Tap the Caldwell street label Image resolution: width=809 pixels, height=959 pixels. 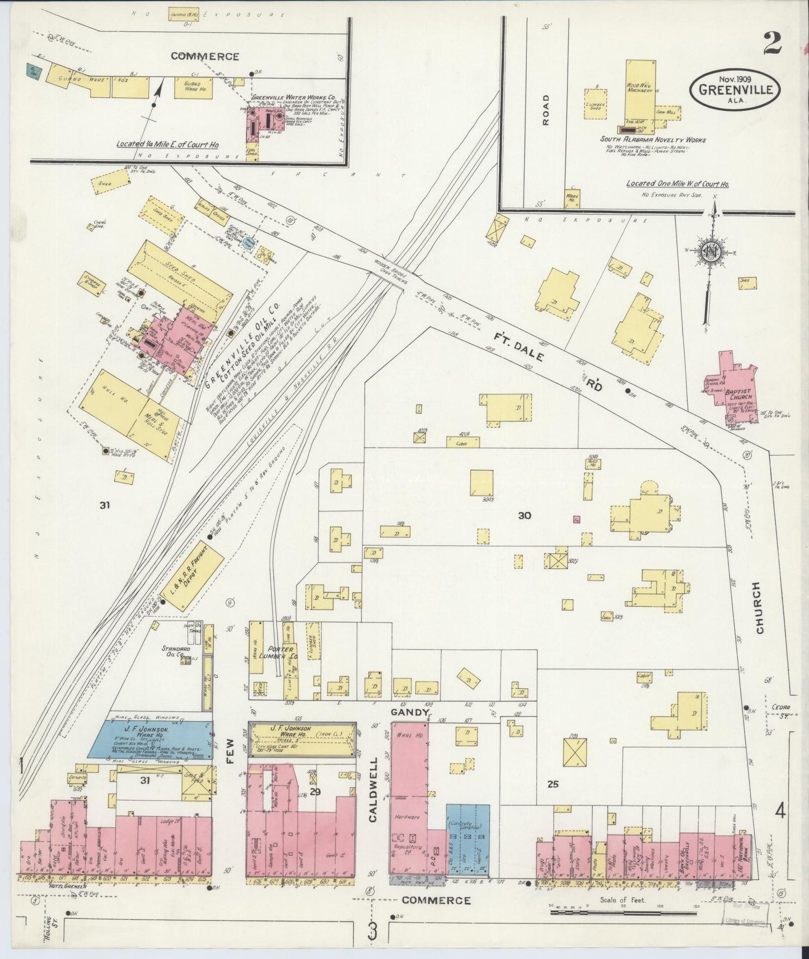click(374, 789)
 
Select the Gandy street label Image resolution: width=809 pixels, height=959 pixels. click(409, 712)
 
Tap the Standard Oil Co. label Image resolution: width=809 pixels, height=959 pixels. click(174, 651)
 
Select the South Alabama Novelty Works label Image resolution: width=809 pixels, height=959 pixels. click(653, 139)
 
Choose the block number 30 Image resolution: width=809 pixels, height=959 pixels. click(524, 515)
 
